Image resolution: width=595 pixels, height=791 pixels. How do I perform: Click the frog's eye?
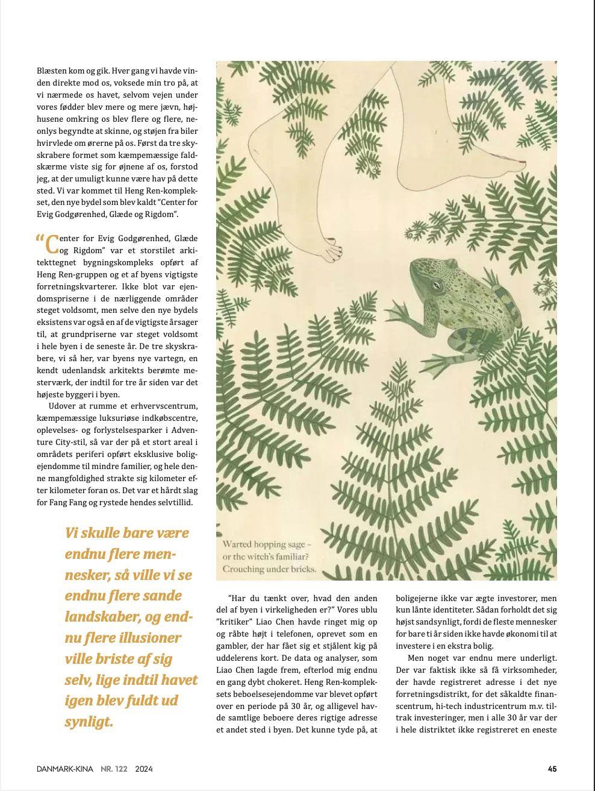click(x=435, y=285)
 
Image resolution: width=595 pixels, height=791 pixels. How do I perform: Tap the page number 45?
click(x=552, y=769)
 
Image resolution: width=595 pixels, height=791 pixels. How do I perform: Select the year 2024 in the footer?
click(x=144, y=769)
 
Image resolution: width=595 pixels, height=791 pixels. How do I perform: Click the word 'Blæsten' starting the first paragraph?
click(x=51, y=71)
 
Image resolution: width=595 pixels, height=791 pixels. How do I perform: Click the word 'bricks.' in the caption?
click(x=301, y=569)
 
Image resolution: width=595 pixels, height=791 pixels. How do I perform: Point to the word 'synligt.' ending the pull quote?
click(x=89, y=722)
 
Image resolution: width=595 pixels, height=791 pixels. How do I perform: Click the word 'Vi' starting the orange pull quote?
click(x=72, y=533)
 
